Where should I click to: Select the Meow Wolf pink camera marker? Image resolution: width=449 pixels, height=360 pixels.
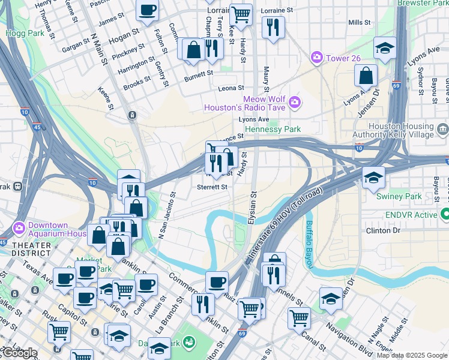click(x=294, y=103)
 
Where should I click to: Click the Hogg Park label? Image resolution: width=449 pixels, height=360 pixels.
click(x=25, y=34)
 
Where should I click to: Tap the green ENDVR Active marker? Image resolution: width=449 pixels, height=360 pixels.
click(x=445, y=214)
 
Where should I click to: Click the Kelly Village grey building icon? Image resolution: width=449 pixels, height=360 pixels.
click(x=442, y=128)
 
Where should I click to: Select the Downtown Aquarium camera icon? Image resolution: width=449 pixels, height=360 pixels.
click(x=19, y=227)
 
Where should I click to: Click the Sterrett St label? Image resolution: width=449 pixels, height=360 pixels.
click(x=212, y=187)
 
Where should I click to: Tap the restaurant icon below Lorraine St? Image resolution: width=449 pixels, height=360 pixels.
click(x=273, y=27)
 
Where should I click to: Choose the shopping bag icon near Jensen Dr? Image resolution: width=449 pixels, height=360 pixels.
click(x=366, y=76)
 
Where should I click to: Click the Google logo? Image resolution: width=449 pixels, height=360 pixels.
click(x=19, y=353)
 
